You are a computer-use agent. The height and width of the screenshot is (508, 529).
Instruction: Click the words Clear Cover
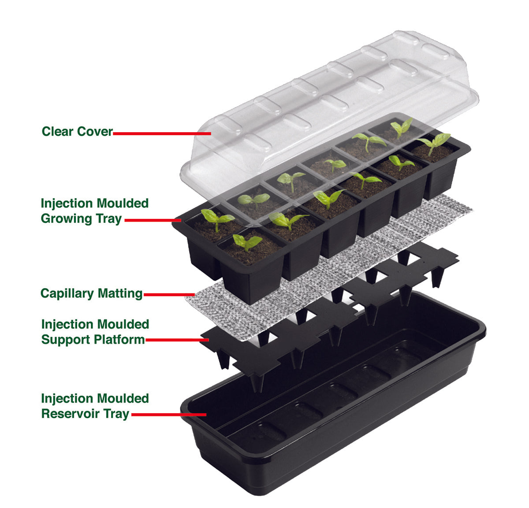pos(77,131)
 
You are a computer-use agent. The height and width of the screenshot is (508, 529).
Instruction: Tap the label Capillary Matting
pos(92,294)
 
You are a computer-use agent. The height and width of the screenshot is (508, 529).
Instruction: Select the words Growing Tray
pos(81,219)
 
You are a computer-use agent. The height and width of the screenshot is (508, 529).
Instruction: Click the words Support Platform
pos(93,340)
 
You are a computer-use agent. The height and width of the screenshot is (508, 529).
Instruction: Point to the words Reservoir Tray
pos(86,414)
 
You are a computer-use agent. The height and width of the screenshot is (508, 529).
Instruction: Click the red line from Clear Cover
pos(162,133)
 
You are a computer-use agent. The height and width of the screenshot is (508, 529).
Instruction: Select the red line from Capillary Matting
pos(169,294)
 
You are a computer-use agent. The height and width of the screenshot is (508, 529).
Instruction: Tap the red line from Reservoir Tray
pos(169,415)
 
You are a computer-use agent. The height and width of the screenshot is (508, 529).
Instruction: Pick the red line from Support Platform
pos(177,340)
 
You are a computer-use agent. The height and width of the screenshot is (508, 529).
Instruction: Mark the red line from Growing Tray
pos(153,220)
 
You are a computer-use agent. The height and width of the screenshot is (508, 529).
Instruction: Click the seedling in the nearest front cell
pos(247,242)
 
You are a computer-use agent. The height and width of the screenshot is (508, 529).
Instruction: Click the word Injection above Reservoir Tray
pos(67,399)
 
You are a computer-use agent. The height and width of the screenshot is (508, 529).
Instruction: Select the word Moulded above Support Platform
pos(123,324)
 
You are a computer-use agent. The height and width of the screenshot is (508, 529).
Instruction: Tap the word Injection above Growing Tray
pos(67,204)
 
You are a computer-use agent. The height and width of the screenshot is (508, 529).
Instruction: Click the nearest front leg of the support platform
pos(257,382)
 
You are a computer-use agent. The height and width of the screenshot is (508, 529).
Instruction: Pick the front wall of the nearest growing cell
pos(251,285)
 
